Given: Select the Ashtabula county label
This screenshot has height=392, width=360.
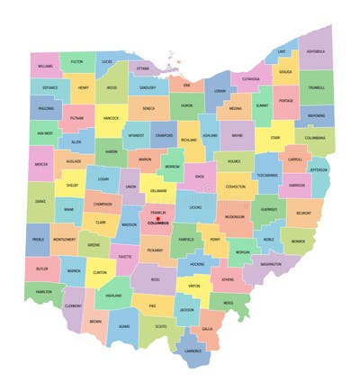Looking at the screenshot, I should [318, 52].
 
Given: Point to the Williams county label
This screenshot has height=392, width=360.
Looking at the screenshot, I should [45, 66].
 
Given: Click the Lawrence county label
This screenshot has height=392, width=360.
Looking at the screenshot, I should [193, 350].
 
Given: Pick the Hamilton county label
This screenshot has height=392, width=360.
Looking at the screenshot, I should [43, 292].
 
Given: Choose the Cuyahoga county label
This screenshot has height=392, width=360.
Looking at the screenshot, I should [251, 78].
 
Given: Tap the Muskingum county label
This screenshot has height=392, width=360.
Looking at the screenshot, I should [234, 216].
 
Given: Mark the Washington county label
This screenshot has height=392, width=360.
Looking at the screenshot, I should [266, 264].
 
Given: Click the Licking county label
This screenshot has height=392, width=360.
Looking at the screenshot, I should [195, 207].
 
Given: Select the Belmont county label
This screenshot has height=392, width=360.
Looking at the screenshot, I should [304, 214].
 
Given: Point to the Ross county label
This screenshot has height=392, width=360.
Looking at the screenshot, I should [156, 279].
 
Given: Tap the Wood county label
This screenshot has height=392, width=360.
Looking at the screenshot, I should [112, 88].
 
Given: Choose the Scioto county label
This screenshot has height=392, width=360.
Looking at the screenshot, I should [160, 325].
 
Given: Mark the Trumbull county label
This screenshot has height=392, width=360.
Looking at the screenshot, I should [317, 87].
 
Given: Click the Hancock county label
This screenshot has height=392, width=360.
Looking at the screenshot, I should [111, 118].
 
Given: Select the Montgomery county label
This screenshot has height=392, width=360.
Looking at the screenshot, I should [64, 240].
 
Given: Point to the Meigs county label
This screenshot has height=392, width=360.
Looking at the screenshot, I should [229, 303].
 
